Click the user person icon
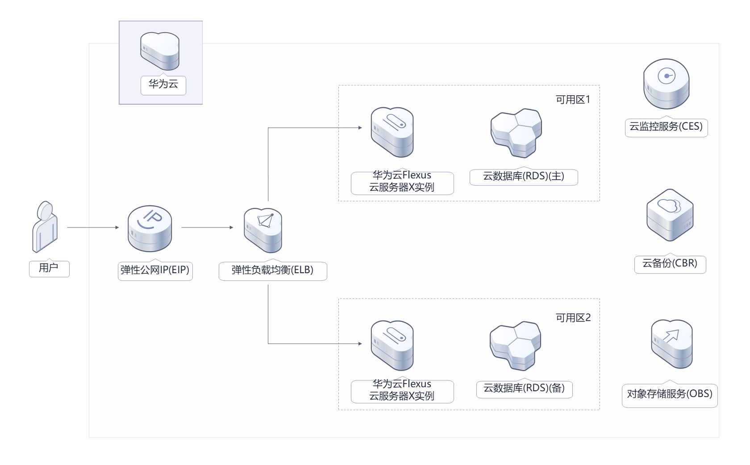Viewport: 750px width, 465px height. pos(45,227)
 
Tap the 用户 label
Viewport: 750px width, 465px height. pos(49,268)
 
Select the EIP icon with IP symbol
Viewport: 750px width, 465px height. pos(150,228)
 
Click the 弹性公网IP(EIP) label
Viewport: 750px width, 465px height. pos(155,270)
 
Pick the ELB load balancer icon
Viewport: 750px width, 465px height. pos(263,230)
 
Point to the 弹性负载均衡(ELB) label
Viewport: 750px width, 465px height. pos(272,270)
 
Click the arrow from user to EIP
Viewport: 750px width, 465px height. pos(93,228)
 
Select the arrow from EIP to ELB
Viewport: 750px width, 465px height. pos(207,228)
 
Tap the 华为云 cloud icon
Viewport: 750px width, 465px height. pos(160,51)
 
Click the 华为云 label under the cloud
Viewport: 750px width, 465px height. pos(163,84)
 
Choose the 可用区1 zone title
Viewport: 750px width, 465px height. pos(573,100)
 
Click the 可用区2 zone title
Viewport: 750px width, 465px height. pos(573,318)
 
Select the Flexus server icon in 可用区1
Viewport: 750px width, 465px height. pos(392,132)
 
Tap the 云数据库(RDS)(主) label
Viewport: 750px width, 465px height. pos(523,176)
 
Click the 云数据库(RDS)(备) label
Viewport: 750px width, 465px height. pos(524,388)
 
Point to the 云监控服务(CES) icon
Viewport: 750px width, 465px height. pos(666,84)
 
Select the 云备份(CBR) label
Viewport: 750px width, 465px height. pos(670,263)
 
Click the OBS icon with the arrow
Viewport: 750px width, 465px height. pos(671,343)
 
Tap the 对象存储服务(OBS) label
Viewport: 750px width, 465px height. pos(669,394)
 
